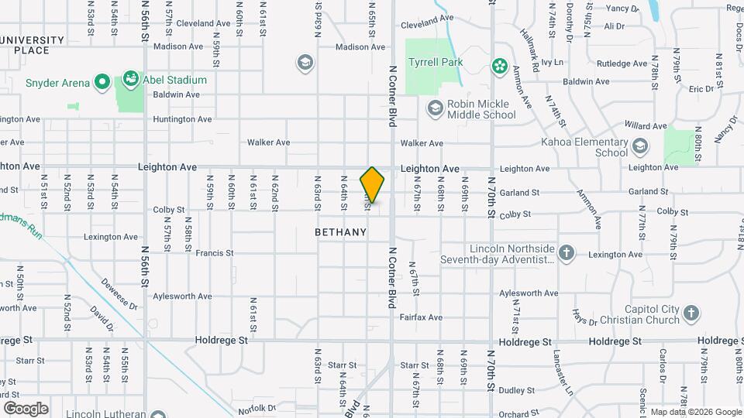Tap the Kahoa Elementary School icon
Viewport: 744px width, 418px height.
click(x=640, y=146)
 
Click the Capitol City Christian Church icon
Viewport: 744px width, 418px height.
click(x=691, y=313)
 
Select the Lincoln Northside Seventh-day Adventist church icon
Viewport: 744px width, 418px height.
click(x=567, y=252)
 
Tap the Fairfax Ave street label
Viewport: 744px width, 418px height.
click(x=421, y=317)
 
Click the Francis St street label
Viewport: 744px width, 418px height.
click(x=214, y=253)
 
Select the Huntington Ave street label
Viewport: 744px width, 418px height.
click(x=182, y=119)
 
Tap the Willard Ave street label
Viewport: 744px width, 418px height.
click(x=645, y=125)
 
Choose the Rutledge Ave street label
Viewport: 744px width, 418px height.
click(x=622, y=63)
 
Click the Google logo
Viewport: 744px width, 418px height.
click(x=26, y=409)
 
